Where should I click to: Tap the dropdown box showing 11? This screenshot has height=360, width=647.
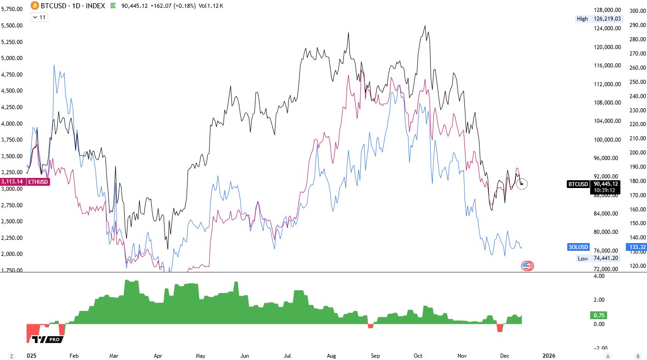(x=39, y=17)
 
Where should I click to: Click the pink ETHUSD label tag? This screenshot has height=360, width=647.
(x=38, y=182)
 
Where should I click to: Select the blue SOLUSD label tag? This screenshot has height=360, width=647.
(x=578, y=247)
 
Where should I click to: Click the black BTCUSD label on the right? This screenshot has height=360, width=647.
(x=578, y=184)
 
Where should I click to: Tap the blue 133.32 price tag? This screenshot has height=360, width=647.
(x=638, y=247)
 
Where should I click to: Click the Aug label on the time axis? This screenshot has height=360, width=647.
(x=332, y=355)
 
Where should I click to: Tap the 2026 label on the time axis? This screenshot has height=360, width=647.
(x=549, y=355)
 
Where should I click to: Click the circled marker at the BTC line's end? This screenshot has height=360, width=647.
(x=522, y=184)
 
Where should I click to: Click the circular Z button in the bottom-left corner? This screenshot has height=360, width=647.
(x=11, y=356)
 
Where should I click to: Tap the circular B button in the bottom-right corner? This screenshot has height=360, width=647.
(x=637, y=356)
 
